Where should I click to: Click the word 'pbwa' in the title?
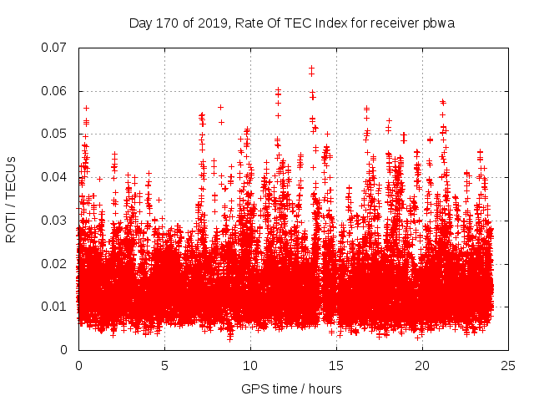coord(438,23)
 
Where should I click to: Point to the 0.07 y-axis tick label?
coord(55,48)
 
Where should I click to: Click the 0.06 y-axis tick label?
coord(55,91)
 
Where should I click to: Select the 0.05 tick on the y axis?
coord(55,134)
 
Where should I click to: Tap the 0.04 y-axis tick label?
coord(55,177)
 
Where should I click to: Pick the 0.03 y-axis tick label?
coord(55,221)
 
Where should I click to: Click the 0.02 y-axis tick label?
coord(55,263)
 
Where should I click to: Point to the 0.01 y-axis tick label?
coord(55,307)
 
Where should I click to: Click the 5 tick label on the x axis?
coord(164,366)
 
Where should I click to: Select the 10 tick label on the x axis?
coord(250,366)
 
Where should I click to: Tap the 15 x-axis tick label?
coord(336,366)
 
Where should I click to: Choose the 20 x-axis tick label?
coord(422,366)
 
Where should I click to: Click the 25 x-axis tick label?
coord(508,366)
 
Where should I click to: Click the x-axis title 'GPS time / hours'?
coord(291,388)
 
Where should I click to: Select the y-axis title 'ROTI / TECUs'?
coord(12,199)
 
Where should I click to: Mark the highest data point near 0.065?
coord(311,69)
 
